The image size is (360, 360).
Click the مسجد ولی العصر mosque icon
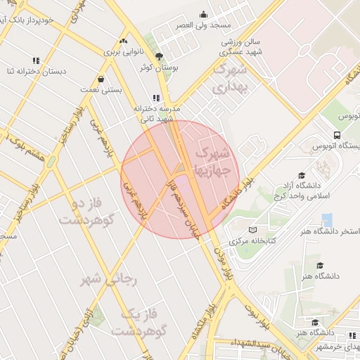tap(204, 14)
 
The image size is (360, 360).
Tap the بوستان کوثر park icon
tap(159, 56)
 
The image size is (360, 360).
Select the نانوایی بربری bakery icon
tap(124, 41)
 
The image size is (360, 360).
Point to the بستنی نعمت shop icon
tap(103, 79)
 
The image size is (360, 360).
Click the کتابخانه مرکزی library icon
tap(253, 229)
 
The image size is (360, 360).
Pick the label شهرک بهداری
tap(230, 79)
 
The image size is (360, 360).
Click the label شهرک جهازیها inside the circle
tap(212, 161)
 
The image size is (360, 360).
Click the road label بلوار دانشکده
tap(237, 192)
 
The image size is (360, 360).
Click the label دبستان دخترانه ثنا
tap(32, 71)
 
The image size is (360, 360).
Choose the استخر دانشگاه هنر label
tap(331, 231)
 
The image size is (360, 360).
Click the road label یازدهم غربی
tap(134, 189)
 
